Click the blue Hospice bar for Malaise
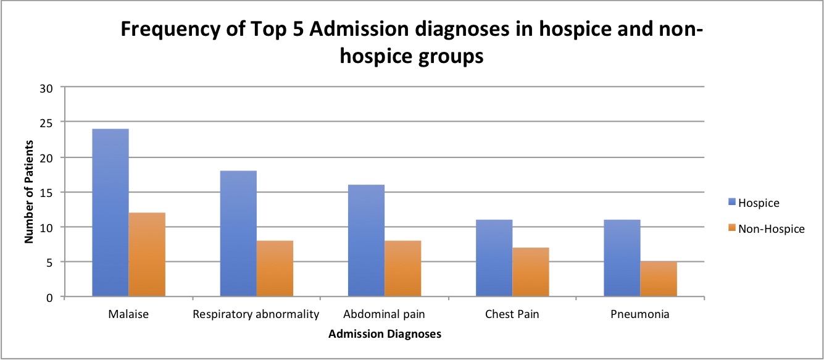[x=110, y=212]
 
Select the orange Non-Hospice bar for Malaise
[x=147, y=254]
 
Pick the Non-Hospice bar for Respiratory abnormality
[x=275, y=269]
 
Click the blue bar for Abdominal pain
[x=366, y=240]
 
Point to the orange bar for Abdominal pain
[x=402, y=269]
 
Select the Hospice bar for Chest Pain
[x=494, y=258]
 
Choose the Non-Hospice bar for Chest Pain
[x=530, y=272]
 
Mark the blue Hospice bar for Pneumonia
[x=622, y=258]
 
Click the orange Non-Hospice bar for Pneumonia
[x=658, y=279]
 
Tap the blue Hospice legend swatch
[x=732, y=202]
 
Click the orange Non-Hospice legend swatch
[x=732, y=228]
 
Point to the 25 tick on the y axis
[x=52, y=122]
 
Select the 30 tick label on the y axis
[x=52, y=88]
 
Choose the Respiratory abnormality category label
[x=256, y=314]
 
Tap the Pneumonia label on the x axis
[x=639, y=314]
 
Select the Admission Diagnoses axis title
[x=385, y=334]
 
